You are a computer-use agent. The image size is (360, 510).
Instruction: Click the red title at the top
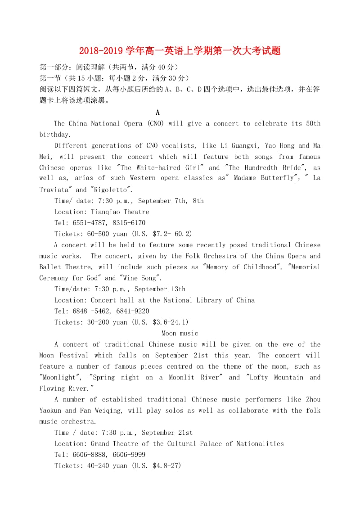[x=180, y=50]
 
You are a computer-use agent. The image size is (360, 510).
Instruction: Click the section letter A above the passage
[x=157, y=113]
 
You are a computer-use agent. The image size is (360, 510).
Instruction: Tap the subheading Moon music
[x=180, y=333]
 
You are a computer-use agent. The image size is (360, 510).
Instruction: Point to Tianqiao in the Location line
[x=106, y=212]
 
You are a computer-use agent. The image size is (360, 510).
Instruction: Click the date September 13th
[x=160, y=289]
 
